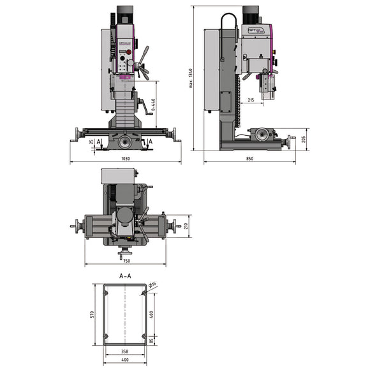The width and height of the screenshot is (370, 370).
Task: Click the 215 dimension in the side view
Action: click(250, 100)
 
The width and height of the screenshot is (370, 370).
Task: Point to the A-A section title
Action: click(125, 277)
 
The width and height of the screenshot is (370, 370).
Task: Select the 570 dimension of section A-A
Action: click(93, 314)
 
